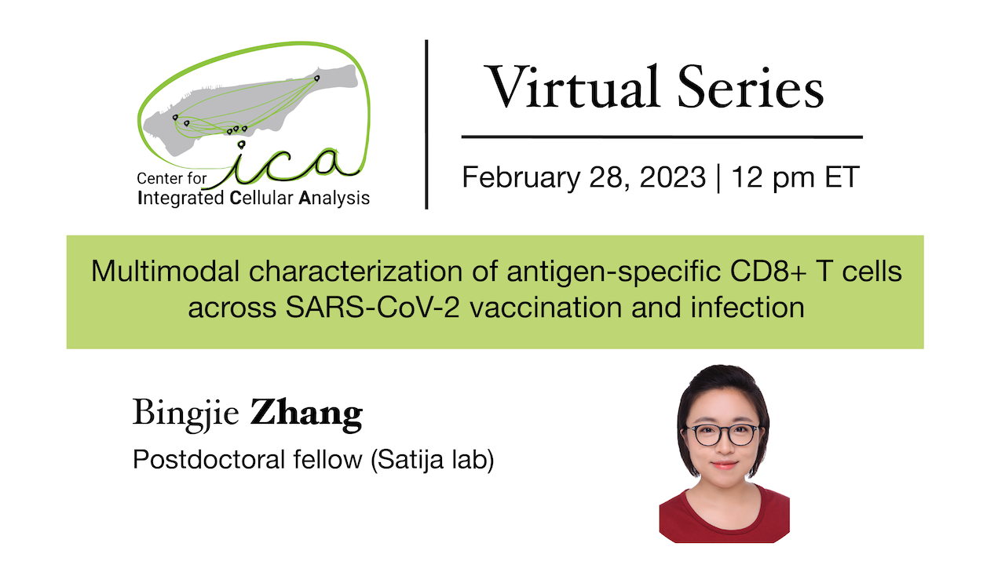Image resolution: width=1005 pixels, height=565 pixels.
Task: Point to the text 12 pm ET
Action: [795, 177]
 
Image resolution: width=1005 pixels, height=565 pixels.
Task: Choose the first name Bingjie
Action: [185, 414]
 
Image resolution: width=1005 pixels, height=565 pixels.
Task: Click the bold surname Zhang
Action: [306, 414]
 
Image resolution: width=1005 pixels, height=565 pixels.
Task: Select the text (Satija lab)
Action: [431, 460]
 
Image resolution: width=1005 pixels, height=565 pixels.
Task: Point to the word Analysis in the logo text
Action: [334, 199]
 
